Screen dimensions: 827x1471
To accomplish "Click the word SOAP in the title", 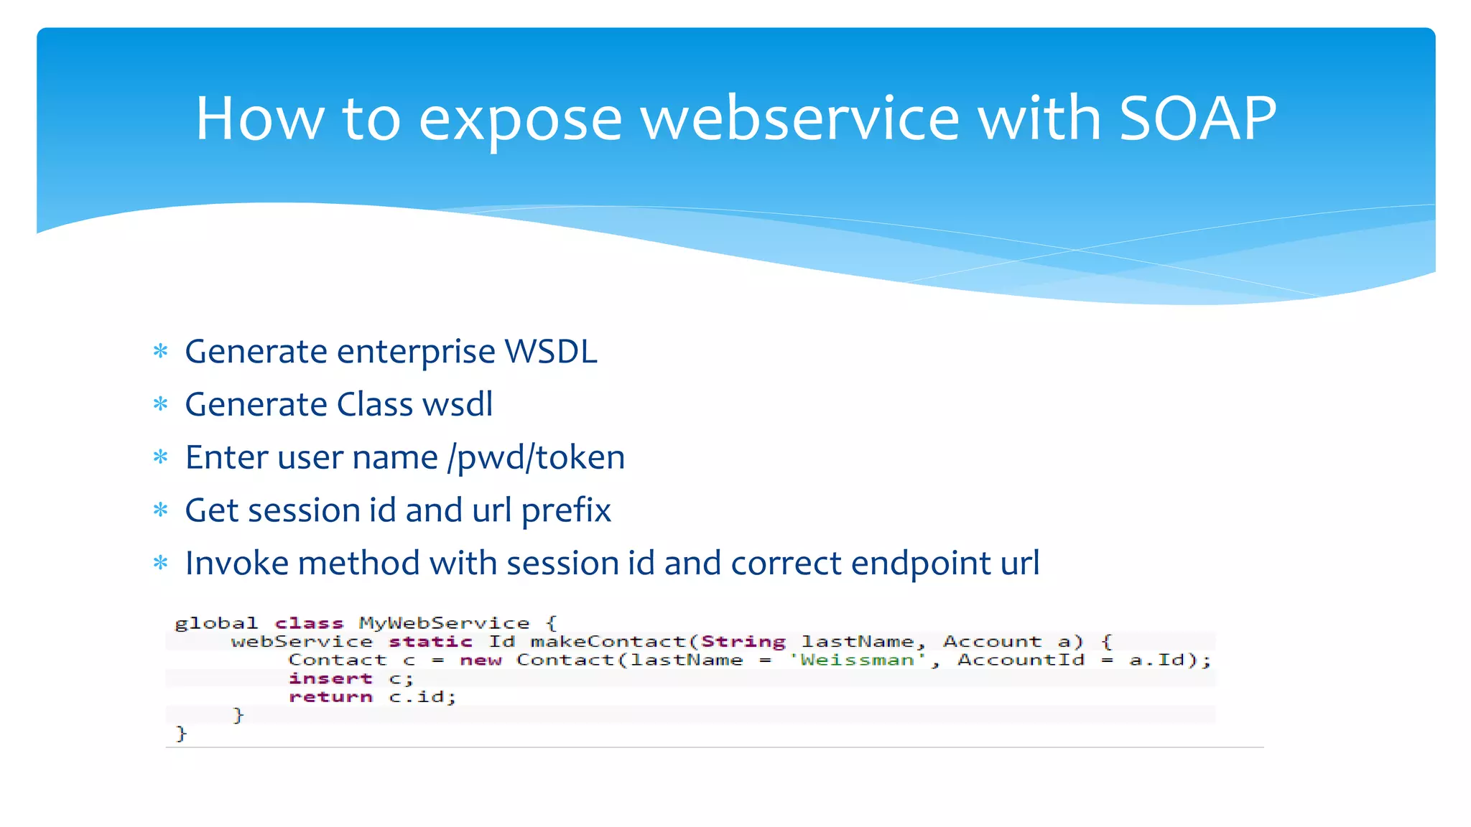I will [1197, 118].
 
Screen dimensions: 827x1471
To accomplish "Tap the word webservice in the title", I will [799, 118].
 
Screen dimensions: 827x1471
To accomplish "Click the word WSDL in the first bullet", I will [551, 352].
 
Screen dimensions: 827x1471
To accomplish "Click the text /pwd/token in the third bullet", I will [536, 458].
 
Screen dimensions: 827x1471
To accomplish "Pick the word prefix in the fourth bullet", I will [566, 511].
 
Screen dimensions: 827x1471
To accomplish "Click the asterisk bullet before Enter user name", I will [161, 457].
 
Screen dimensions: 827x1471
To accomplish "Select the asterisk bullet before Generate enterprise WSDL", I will [161, 352].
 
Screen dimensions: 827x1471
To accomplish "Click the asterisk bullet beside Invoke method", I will [161, 563].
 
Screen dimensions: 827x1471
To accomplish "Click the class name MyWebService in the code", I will [444, 623].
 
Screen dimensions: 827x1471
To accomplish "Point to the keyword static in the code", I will [430, 642].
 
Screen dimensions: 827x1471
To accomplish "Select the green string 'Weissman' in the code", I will [858, 660].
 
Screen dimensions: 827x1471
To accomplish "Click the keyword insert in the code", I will [330, 679].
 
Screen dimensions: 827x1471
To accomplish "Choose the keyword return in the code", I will [330, 697].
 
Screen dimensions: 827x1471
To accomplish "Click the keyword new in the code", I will [481, 660].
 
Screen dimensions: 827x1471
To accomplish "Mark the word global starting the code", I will [215, 623].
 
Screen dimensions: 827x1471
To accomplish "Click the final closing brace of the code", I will [181, 734].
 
